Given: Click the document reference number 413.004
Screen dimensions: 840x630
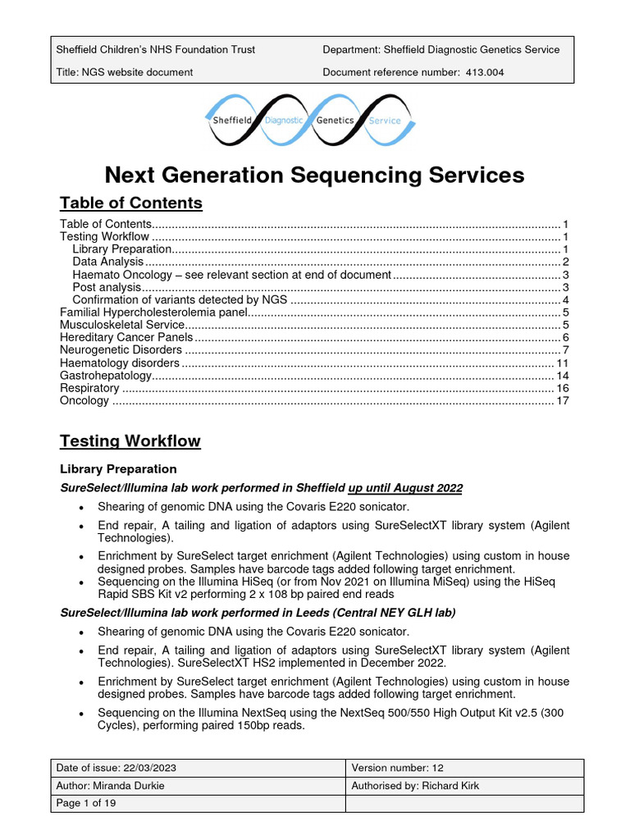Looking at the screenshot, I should [484, 72].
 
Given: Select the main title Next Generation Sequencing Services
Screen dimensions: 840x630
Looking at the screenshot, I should [314, 175].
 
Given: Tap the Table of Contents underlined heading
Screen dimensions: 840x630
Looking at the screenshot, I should [131, 203].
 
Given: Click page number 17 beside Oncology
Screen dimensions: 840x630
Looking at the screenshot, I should [562, 401].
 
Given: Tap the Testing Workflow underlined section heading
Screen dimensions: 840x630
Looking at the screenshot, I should [130, 441].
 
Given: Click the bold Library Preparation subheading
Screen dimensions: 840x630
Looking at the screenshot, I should [118, 469].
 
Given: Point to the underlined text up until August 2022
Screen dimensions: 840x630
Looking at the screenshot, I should [405, 488].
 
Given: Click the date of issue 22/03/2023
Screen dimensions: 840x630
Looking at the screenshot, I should [149, 768].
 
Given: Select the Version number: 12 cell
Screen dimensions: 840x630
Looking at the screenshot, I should [398, 768].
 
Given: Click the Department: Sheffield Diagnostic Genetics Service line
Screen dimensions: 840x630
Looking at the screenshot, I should [441, 49].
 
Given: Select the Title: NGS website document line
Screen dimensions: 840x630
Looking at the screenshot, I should [124, 72].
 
